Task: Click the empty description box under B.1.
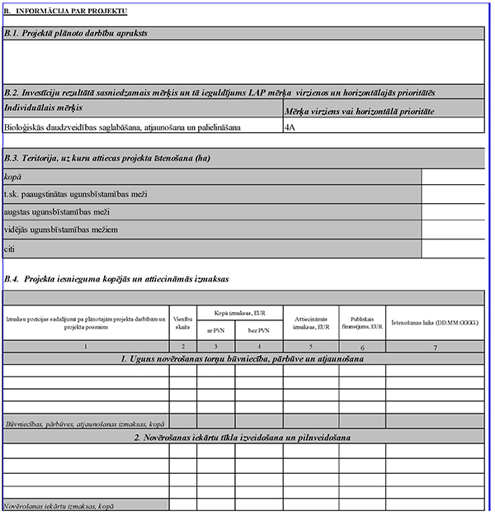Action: tap(243, 62)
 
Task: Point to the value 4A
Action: tap(290, 128)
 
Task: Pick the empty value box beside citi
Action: tap(453, 248)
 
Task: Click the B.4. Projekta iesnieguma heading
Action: tap(115, 281)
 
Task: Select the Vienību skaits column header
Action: tap(183, 322)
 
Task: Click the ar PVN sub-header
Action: tap(210, 329)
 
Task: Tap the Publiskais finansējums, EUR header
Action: tap(361, 322)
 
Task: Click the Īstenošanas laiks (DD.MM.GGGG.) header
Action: tap(435, 321)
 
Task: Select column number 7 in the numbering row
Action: tap(435, 347)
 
